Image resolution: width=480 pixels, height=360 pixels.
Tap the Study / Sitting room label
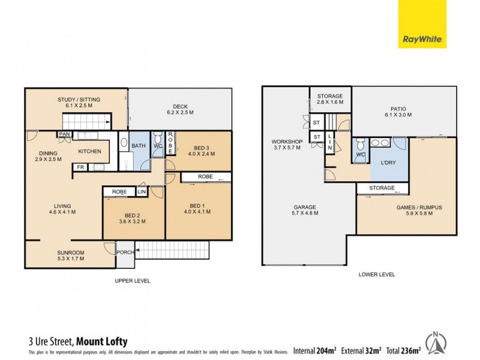tap(79, 103)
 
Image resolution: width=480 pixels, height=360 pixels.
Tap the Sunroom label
tap(70, 255)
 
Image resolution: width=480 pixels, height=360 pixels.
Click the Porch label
tap(125, 252)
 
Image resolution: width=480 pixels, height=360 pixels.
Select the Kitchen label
tap(89, 151)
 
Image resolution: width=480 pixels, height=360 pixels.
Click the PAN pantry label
tap(63, 134)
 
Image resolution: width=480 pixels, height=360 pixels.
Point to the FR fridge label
tap(80, 167)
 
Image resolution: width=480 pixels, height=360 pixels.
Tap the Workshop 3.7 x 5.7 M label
tap(285, 145)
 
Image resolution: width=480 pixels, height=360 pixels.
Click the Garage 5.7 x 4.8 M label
tap(304, 210)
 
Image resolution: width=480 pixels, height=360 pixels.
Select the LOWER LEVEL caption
tap(376, 274)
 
